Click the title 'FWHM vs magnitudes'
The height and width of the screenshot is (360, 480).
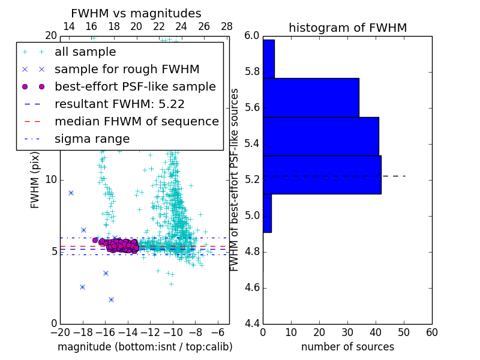(x=136, y=14)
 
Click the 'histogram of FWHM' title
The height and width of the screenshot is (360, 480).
(x=347, y=28)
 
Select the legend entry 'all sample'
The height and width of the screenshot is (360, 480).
(x=85, y=52)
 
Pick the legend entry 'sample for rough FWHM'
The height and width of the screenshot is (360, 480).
(x=127, y=69)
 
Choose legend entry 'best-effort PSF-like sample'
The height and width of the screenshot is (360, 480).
(x=135, y=86)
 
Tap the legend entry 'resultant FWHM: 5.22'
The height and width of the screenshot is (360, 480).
(x=119, y=104)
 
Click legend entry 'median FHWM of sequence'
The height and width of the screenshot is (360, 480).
(x=136, y=121)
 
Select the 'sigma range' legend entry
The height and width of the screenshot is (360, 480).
(x=92, y=139)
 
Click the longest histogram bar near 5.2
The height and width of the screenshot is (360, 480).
(x=322, y=175)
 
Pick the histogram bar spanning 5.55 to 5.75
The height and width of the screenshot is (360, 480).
(x=311, y=97)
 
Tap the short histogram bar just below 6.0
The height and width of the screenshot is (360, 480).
(x=268, y=59)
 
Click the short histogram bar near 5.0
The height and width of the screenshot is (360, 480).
(x=267, y=213)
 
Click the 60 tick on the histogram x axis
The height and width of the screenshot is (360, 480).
(x=431, y=332)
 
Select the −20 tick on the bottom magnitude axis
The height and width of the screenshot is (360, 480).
(x=59, y=332)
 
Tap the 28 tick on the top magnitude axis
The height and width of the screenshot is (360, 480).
(x=227, y=26)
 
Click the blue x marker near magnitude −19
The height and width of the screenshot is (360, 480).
(x=71, y=193)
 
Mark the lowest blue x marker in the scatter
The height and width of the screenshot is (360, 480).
(x=111, y=299)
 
